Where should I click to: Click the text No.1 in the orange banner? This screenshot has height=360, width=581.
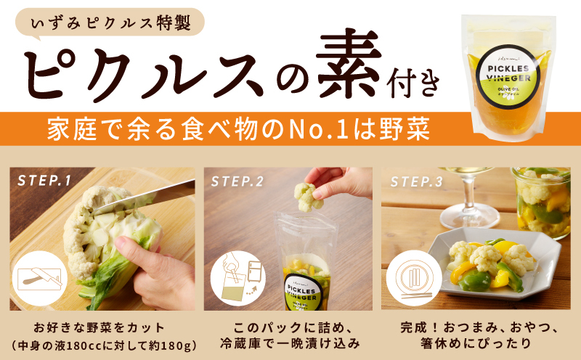point(342,131)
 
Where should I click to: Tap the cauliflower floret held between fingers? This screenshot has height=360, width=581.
point(306,196)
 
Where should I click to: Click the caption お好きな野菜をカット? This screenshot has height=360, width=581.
point(101,327)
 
